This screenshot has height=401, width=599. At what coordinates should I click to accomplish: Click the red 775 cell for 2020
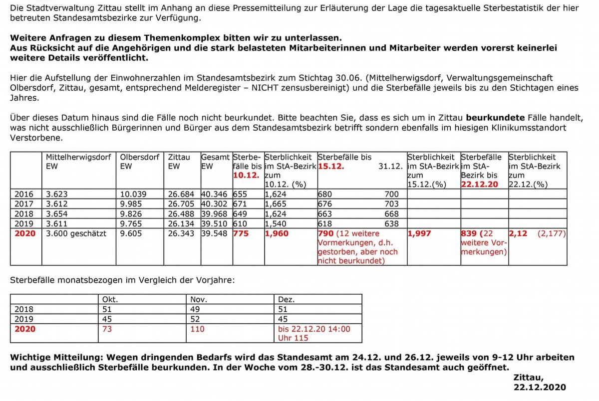pyautogui.click(x=242, y=233)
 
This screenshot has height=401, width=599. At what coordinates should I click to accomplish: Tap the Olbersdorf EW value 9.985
pyautogui.click(x=131, y=204)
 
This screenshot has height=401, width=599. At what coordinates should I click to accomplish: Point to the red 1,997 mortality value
pyautogui.click(x=419, y=233)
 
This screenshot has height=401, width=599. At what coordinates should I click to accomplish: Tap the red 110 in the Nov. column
pyautogui.click(x=198, y=329)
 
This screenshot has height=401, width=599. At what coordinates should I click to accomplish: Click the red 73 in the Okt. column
pyautogui.click(x=107, y=329)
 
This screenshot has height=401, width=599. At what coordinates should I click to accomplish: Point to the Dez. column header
pyautogui.click(x=286, y=300)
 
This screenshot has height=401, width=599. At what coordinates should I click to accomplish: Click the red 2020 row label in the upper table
pyautogui.click(x=25, y=233)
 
